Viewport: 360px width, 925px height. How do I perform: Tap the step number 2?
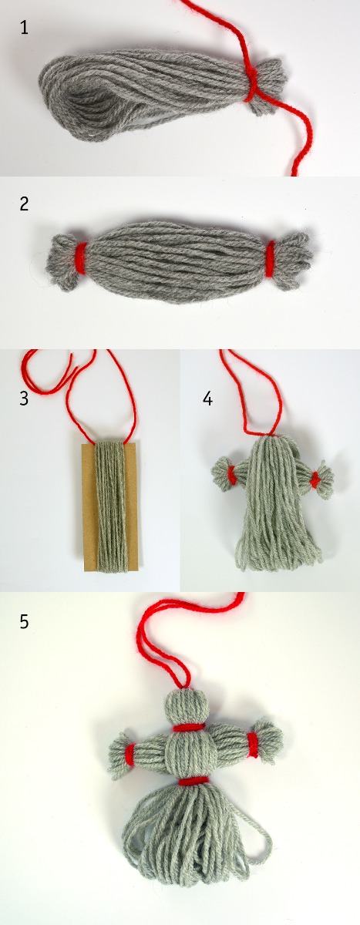pyautogui.click(x=25, y=204)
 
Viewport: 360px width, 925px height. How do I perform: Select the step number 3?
pyautogui.click(x=24, y=399)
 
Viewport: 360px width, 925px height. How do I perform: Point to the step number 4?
pyautogui.click(x=207, y=399)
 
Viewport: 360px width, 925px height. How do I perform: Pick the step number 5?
pyautogui.click(x=25, y=621)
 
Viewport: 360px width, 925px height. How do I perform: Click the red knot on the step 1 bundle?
pyautogui.click(x=252, y=82)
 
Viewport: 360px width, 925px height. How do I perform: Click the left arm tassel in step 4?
pyautogui.click(x=221, y=473)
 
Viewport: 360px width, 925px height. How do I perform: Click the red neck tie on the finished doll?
pyautogui.click(x=188, y=727)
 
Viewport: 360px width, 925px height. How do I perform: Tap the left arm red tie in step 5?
pyautogui.click(x=130, y=754)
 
